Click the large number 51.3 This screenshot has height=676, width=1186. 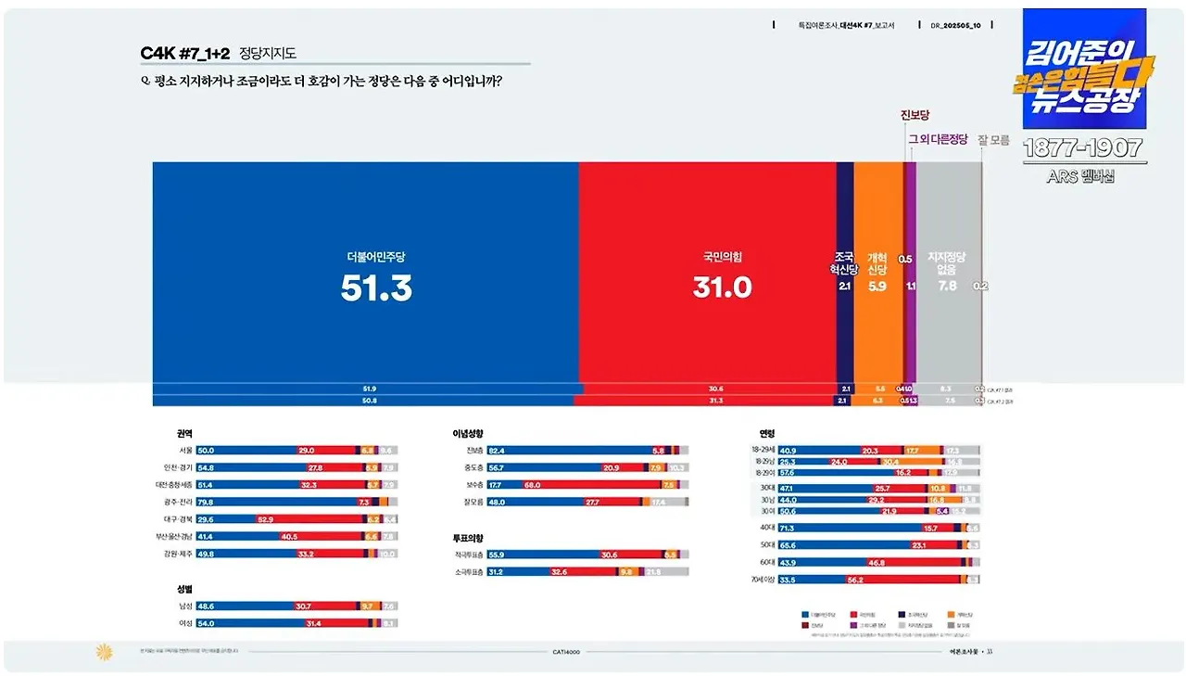(x=375, y=288)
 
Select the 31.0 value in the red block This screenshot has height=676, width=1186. (x=722, y=288)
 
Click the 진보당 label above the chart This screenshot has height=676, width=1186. (x=916, y=116)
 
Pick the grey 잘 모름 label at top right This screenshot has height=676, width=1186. (x=993, y=140)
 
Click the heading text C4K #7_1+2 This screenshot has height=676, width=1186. (x=185, y=54)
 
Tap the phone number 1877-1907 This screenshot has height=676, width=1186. (x=1082, y=148)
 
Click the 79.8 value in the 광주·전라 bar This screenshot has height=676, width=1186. (x=207, y=502)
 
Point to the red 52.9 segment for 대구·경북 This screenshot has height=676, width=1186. (x=265, y=519)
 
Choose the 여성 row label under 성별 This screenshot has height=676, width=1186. (x=185, y=623)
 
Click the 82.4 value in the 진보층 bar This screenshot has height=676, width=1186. (x=497, y=450)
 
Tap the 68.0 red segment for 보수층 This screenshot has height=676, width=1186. (x=532, y=484)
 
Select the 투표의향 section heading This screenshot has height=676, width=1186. (x=468, y=538)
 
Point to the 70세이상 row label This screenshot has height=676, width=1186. (x=762, y=580)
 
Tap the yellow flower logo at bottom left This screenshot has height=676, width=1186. (x=104, y=652)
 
